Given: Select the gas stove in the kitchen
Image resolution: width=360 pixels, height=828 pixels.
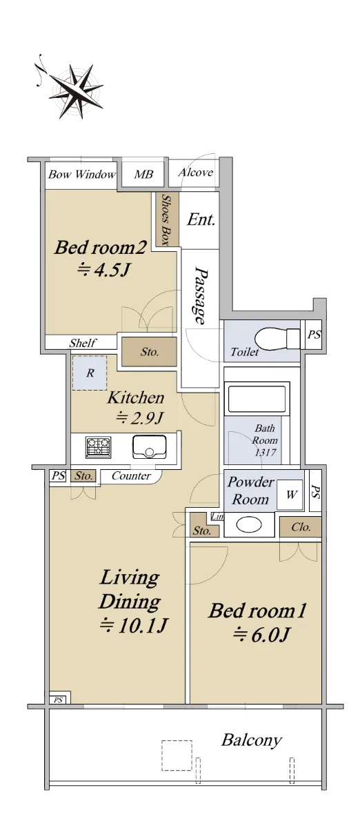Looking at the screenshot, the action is click(99, 447).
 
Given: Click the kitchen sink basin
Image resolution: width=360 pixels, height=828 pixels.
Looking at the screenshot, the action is click(150, 447).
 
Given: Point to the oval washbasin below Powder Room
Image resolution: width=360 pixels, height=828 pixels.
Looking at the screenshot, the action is click(249, 524).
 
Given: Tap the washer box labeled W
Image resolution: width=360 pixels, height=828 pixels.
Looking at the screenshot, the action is click(290, 495).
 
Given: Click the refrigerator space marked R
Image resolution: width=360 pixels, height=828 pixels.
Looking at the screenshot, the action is click(90, 373).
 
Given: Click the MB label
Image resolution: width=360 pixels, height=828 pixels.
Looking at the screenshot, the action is click(143, 174).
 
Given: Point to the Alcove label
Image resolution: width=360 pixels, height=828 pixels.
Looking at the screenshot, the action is click(196, 172).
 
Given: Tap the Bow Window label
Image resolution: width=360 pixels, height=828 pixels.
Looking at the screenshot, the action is click(81, 174).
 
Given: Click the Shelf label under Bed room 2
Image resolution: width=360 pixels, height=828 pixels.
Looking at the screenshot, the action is click(83, 343).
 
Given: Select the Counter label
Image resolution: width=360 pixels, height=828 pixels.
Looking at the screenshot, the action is click(131, 475).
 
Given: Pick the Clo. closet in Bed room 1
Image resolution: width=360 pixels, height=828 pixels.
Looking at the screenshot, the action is click(300, 526).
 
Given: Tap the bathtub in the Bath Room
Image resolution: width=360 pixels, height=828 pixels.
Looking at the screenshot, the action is click(257, 399).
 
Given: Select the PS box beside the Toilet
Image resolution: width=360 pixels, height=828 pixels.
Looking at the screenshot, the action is click(314, 335).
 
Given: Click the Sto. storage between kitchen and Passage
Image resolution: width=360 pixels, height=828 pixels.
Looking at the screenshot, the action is click(149, 351).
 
